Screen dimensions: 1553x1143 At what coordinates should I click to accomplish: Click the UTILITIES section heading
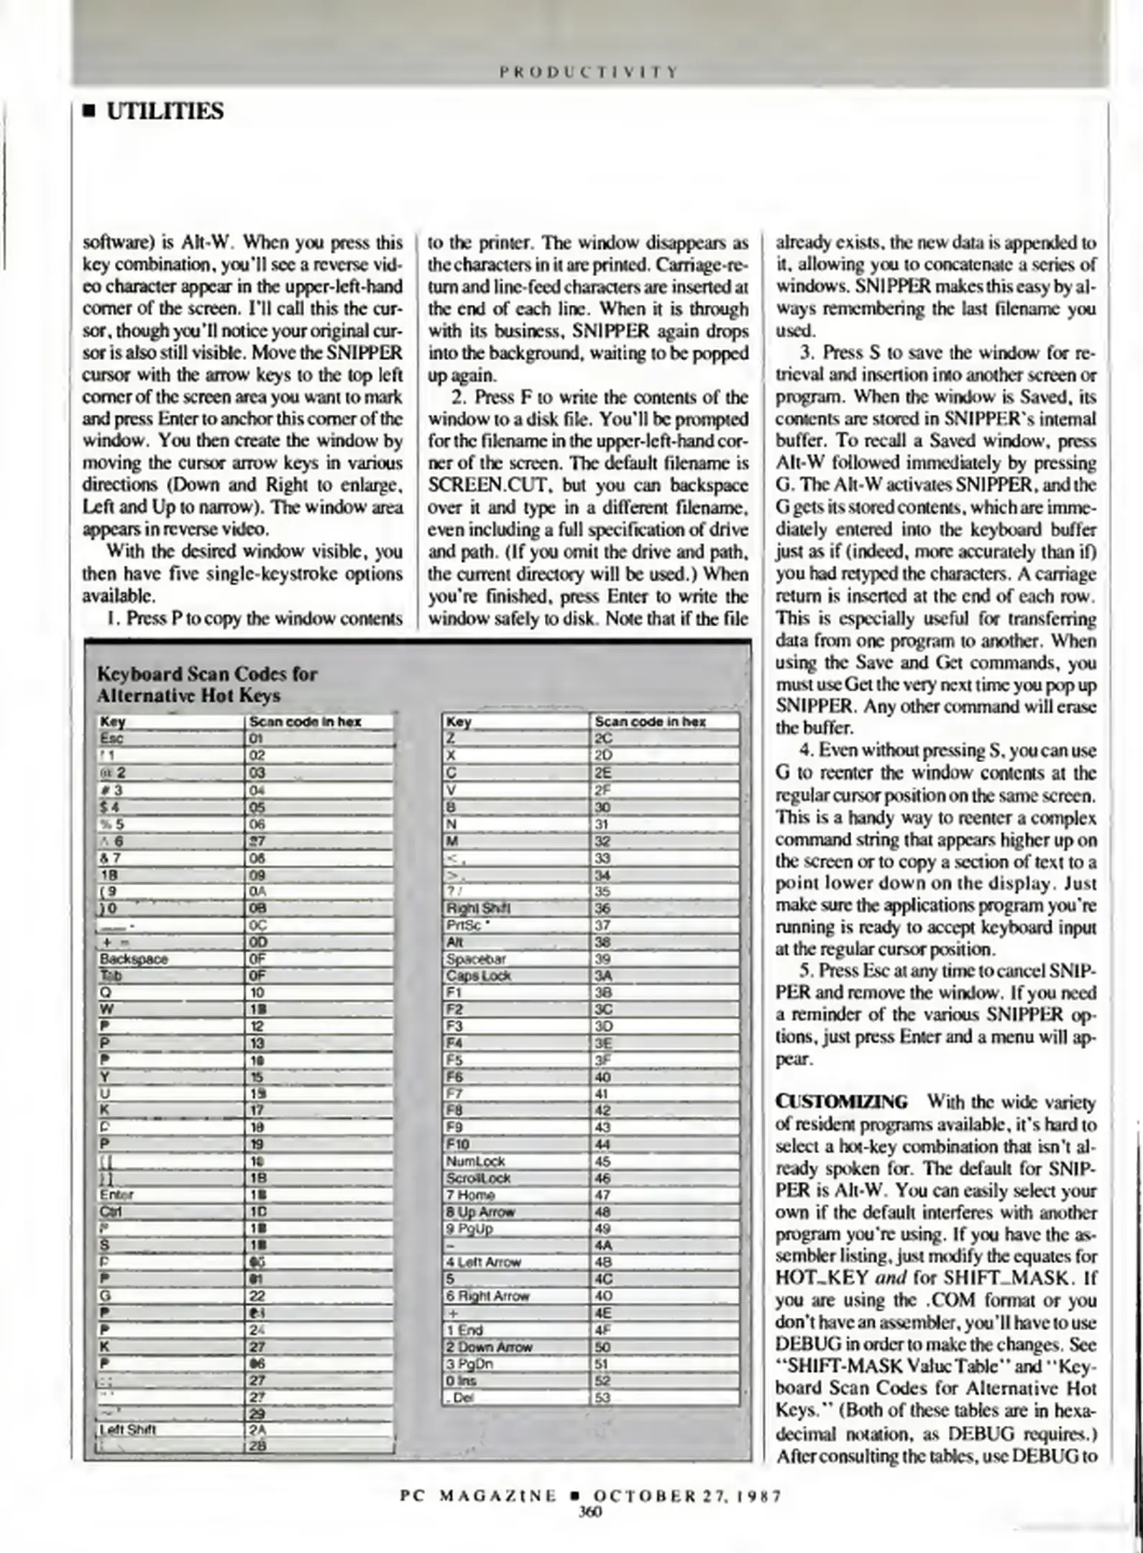click(165, 111)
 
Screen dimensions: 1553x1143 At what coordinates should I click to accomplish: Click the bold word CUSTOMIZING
click(841, 1102)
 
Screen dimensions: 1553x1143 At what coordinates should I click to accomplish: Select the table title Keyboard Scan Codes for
click(207, 674)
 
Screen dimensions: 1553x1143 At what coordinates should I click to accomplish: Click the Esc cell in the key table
click(112, 738)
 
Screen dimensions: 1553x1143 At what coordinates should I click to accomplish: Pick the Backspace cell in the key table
click(134, 959)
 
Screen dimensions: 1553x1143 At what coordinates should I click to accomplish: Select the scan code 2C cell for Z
click(602, 738)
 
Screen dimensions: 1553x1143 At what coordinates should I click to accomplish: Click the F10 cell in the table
click(458, 1144)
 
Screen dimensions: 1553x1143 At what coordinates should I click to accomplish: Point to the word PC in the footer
click(410, 1496)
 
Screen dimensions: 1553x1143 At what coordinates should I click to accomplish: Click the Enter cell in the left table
click(116, 1195)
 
